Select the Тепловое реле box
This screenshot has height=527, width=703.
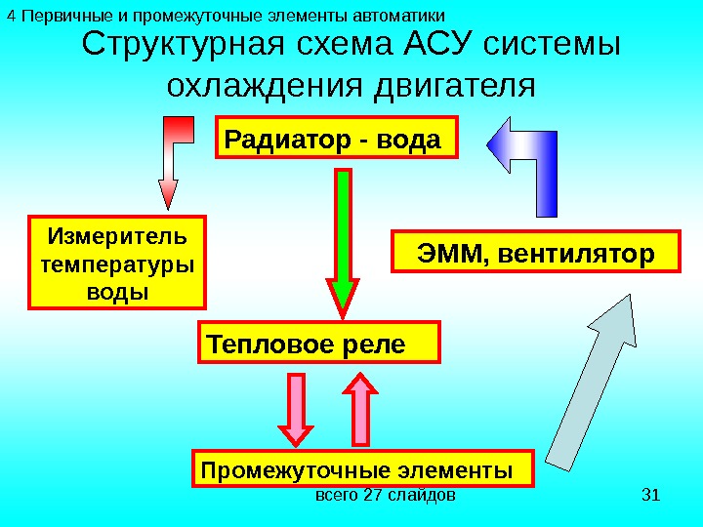(x=319, y=344)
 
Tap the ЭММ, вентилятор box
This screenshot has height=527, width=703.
(x=535, y=253)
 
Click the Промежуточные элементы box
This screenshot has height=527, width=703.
(x=363, y=468)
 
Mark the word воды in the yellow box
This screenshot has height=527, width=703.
(x=118, y=292)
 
